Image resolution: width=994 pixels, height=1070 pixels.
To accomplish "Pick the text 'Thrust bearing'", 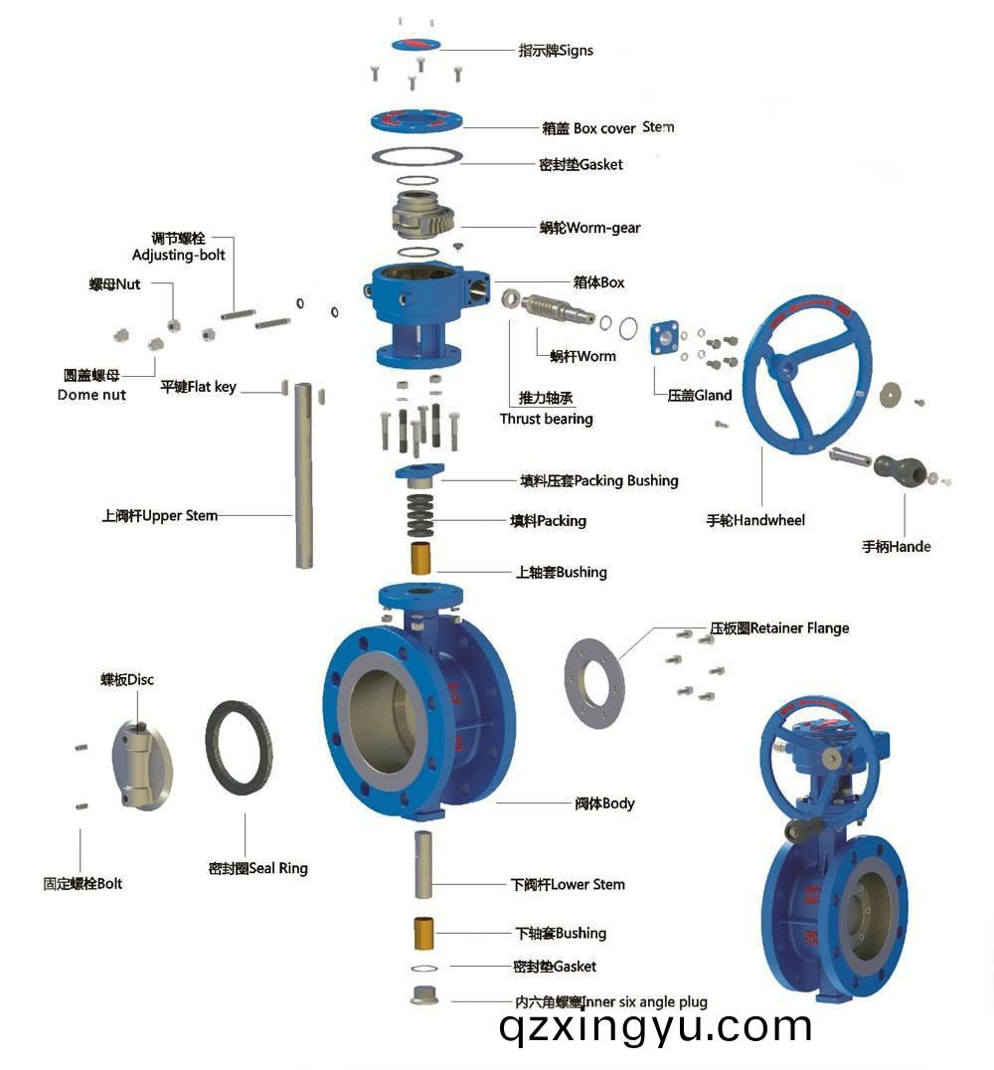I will click(x=546, y=419).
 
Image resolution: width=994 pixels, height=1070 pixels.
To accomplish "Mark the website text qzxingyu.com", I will click(x=656, y=1026).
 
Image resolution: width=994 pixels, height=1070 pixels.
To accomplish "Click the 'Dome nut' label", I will click(x=91, y=395).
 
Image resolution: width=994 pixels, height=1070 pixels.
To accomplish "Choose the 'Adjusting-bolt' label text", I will click(x=179, y=255).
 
